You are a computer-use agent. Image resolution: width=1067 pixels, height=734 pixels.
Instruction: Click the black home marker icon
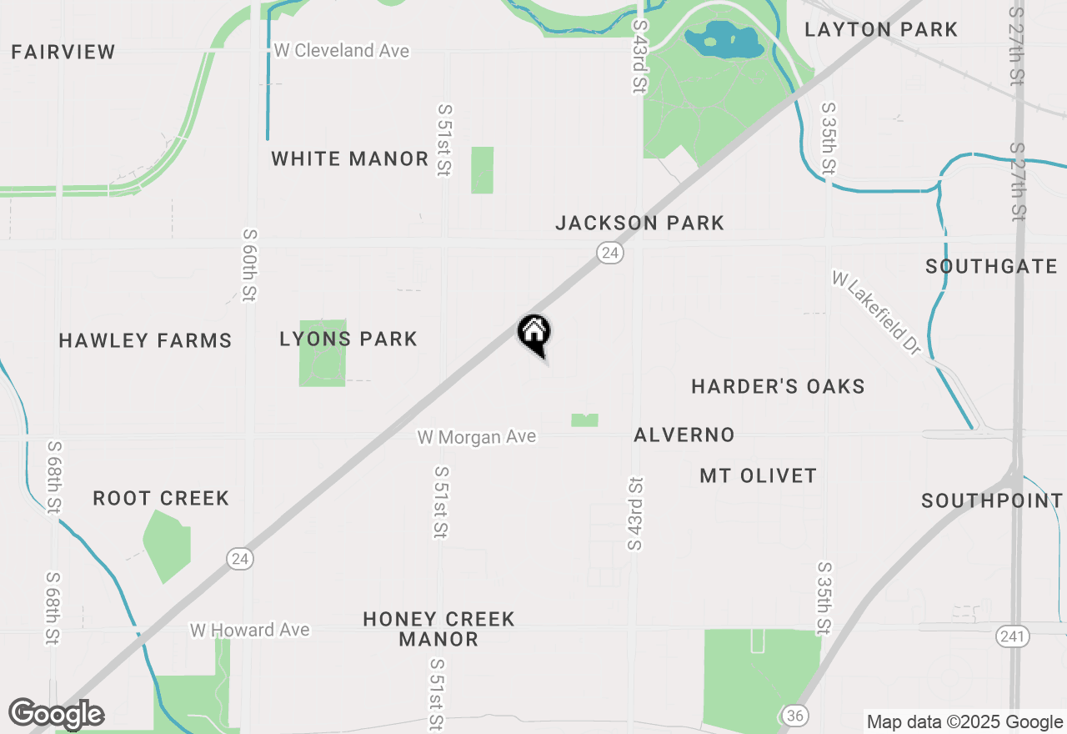tap(534, 333)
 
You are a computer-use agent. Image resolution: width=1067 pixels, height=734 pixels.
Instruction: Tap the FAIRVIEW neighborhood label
tap(63, 52)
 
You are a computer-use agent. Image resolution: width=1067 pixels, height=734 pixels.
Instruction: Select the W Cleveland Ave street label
tap(342, 51)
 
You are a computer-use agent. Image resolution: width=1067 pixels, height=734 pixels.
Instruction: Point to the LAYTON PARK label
tap(881, 30)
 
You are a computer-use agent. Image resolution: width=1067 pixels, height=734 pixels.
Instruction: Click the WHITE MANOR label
tap(350, 158)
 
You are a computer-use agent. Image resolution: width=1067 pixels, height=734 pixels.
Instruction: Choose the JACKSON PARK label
tap(640, 223)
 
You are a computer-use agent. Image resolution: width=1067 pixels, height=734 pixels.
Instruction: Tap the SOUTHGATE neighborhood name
tap(991, 267)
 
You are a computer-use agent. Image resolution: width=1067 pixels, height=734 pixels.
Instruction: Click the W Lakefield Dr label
tap(875, 313)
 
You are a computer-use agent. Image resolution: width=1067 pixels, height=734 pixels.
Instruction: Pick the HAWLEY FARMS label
tap(145, 340)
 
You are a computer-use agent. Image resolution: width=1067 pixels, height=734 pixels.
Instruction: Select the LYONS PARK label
tap(348, 339)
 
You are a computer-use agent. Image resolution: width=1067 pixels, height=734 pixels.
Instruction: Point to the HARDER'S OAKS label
tap(778, 386)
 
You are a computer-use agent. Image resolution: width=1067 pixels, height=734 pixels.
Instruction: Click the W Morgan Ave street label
tap(477, 437)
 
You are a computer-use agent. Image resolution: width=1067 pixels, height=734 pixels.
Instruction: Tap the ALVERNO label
tap(684, 435)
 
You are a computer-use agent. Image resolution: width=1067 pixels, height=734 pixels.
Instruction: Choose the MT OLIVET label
tap(758, 475)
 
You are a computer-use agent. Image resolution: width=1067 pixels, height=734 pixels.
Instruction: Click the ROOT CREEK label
tap(161, 498)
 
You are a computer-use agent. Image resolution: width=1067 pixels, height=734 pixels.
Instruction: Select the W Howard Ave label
tap(250, 630)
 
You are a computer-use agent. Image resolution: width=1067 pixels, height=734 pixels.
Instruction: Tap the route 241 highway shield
tap(1012, 636)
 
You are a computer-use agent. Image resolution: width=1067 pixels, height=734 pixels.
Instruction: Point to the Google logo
tap(56, 714)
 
